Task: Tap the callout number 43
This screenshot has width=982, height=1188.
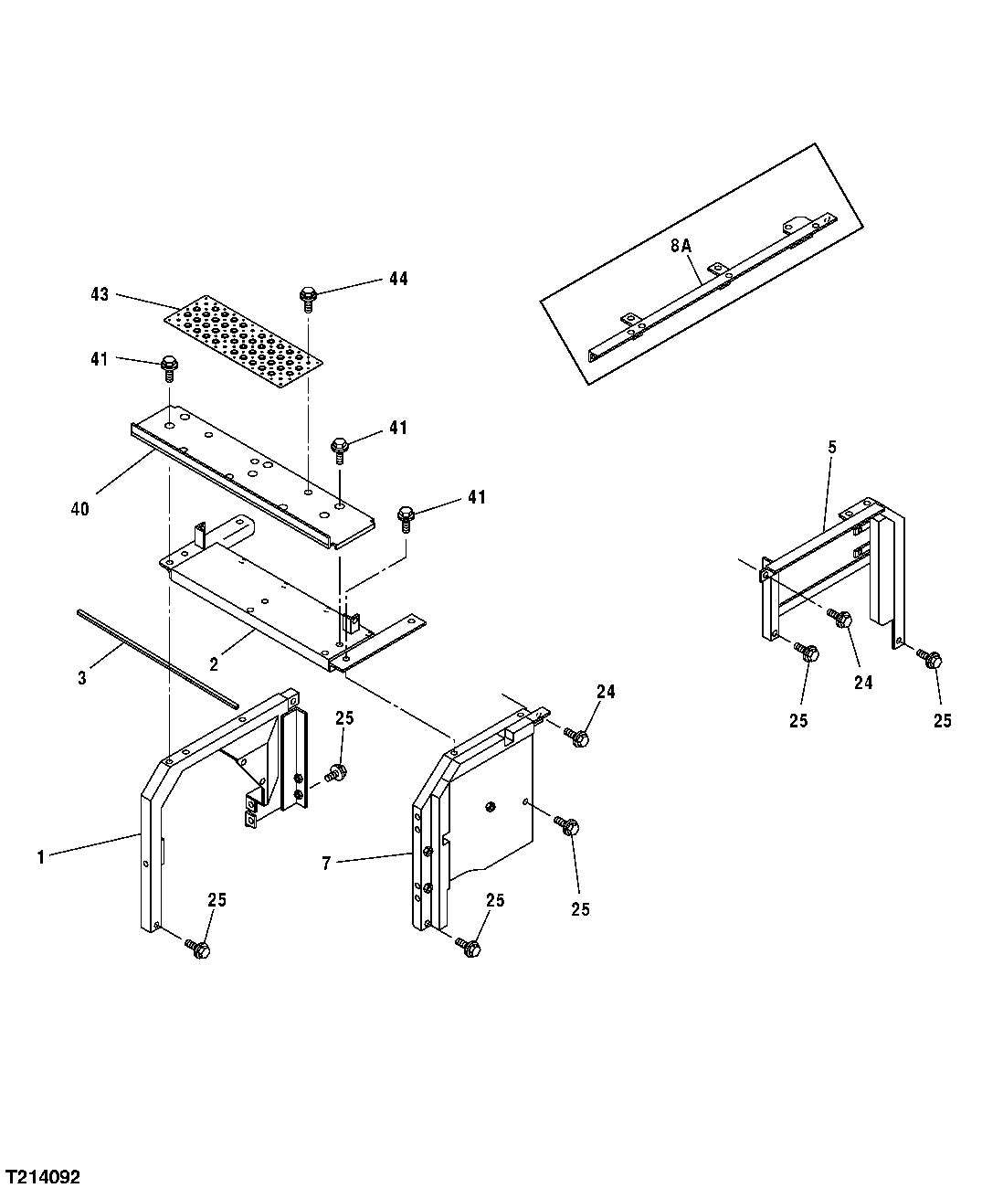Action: (100, 294)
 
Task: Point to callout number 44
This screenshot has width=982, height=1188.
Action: (398, 279)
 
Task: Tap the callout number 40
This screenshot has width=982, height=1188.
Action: (80, 509)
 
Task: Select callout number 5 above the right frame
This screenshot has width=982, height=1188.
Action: (831, 447)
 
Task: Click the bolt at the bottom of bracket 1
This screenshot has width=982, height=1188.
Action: (199, 949)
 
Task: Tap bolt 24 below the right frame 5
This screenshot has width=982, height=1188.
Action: (842, 620)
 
